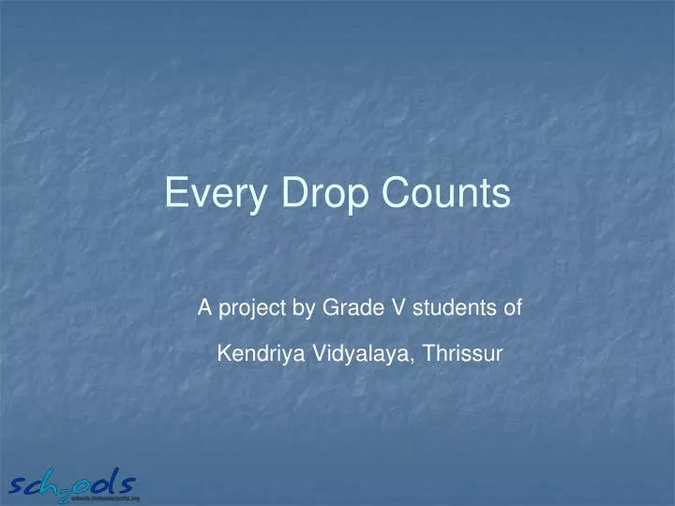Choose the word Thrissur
[x=462, y=353]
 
